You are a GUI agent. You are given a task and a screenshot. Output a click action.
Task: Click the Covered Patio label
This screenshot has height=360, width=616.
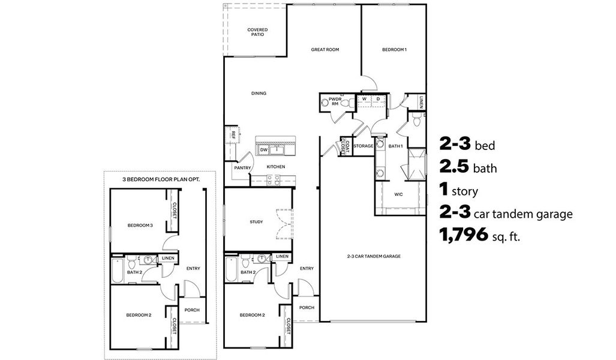(x=257, y=32)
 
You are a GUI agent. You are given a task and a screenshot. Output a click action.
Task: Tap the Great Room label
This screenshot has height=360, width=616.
(x=325, y=50)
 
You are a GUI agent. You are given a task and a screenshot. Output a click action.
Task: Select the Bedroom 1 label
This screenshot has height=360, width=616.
(x=394, y=50)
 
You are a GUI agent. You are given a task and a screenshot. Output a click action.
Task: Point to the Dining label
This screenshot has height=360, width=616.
(x=259, y=94)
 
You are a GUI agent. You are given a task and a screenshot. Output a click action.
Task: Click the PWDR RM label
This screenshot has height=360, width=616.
(x=335, y=101)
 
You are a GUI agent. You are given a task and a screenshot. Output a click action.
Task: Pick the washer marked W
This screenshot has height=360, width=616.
(x=364, y=99)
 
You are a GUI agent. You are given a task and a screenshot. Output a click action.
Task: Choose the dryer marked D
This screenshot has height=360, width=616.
(x=378, y=99)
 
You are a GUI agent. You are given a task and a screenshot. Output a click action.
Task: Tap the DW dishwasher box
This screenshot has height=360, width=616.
(x=263, y=149)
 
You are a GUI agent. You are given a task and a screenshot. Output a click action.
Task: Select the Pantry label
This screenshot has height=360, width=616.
(x=243, y=168)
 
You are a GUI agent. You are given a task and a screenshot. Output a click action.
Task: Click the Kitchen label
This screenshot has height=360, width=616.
(x=275, y=166)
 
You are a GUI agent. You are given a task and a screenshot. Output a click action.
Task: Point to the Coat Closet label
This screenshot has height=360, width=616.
(x=344, y=146)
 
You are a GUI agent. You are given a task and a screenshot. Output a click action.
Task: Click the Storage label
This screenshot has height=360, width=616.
(x=363, y=146)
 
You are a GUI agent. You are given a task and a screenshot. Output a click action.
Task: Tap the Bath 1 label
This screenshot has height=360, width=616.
(x=395, y=146)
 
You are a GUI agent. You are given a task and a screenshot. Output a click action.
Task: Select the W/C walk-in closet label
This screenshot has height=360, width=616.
(x=398, y=194)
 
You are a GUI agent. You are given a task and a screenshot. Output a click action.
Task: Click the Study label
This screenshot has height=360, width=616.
(x=256, y=222)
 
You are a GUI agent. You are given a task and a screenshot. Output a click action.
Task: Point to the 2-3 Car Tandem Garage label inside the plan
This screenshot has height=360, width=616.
(x=373, y=256)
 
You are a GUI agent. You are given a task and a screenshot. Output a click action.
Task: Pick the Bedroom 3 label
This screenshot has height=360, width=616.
(x=140, y=226)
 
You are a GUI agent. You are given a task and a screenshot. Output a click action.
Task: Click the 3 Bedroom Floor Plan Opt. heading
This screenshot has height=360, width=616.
(x=161, y=179)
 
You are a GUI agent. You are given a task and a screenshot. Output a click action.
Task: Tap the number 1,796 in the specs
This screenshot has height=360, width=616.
(x=464, y=236)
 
